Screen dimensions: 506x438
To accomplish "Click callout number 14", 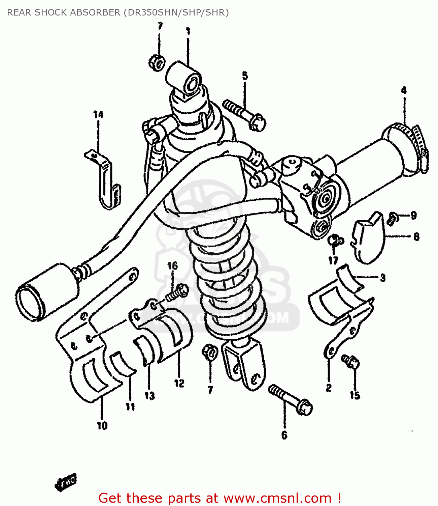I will tap(98, 115).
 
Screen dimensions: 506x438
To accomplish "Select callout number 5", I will tap(245, 76).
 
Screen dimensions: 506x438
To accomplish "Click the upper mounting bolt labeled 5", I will tap(245, 115).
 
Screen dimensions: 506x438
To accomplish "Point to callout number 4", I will tap(404, 90).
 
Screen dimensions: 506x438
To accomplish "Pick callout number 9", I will tap(413, 215).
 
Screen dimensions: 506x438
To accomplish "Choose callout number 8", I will tap(416, 237).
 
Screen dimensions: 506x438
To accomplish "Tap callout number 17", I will tap(333, 260).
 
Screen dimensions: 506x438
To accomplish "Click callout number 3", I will tap(383, 278).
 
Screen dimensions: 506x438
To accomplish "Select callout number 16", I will tap(172, 266).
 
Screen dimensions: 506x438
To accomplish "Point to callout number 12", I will tap(179, 383).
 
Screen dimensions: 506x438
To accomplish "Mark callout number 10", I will tap(102, 426).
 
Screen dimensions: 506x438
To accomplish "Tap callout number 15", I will tap(355, 395).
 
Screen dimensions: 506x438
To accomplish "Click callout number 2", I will tap(329, 388).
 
